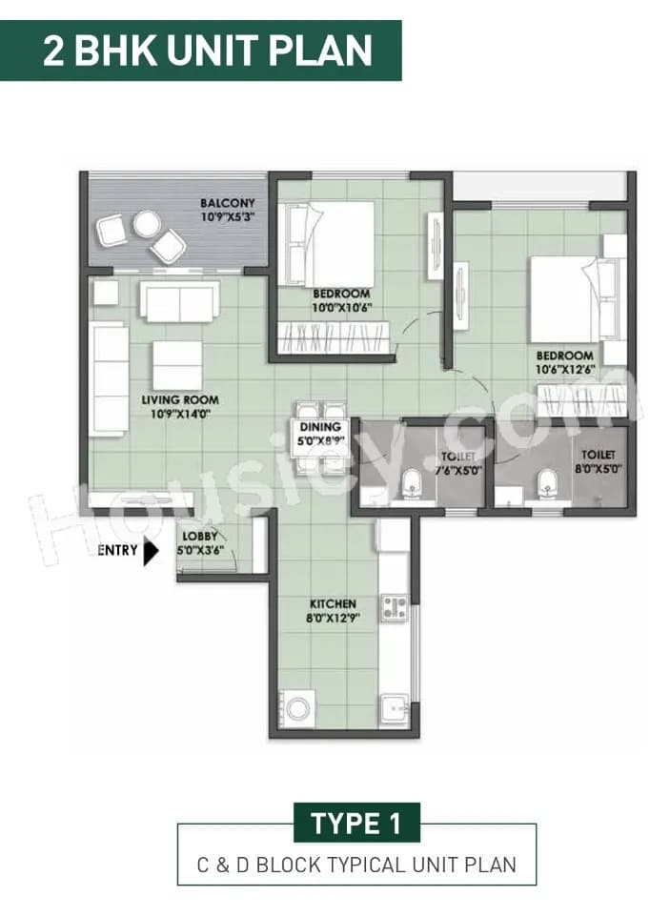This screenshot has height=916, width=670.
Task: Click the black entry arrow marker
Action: pos(151,551)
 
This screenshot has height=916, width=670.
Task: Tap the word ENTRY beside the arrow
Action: pos(117,550)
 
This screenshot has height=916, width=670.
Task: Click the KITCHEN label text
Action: pos(333,604)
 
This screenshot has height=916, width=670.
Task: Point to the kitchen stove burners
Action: pos(394,607)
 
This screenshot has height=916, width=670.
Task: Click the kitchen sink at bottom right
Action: pos(395,710)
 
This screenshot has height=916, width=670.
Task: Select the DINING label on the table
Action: pos(319,428)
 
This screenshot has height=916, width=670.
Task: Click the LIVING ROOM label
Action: pos(181,400)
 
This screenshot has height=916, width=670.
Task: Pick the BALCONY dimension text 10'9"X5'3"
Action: pos(228,217)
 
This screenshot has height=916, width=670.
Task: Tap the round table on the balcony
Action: pos(147,224)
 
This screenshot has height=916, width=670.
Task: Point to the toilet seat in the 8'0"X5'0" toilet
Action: pos(546,484)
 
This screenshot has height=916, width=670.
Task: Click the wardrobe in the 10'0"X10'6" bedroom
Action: pos(334,339)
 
